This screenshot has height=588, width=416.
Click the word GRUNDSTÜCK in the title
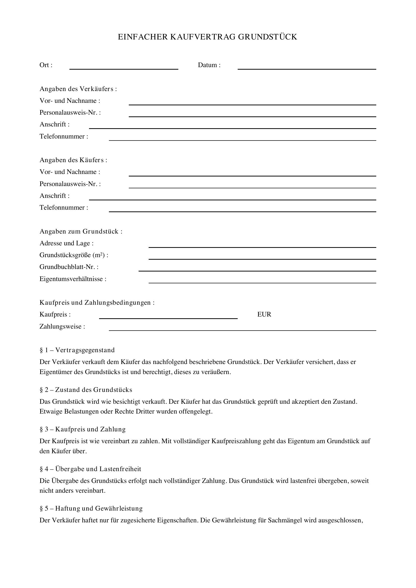click(x=267, y=37)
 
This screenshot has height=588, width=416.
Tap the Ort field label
click(x=46, y=65)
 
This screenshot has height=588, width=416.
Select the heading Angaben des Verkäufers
click(x=78, y=89)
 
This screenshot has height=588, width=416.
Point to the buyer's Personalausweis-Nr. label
click(x=70, y=184)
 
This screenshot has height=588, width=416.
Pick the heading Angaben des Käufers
click(x=73, y=160)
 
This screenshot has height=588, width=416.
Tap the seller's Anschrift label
click(x=54, y=124)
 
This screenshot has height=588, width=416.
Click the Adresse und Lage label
click(x=66, y=243)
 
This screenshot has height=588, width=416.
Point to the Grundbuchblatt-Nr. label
click(x=69, y=267)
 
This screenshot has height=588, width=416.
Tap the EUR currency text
click(x=264, y=314)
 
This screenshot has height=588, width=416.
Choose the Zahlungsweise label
click(x=62, y=327)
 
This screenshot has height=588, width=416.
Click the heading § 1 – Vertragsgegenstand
click(x=77, y=350)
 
